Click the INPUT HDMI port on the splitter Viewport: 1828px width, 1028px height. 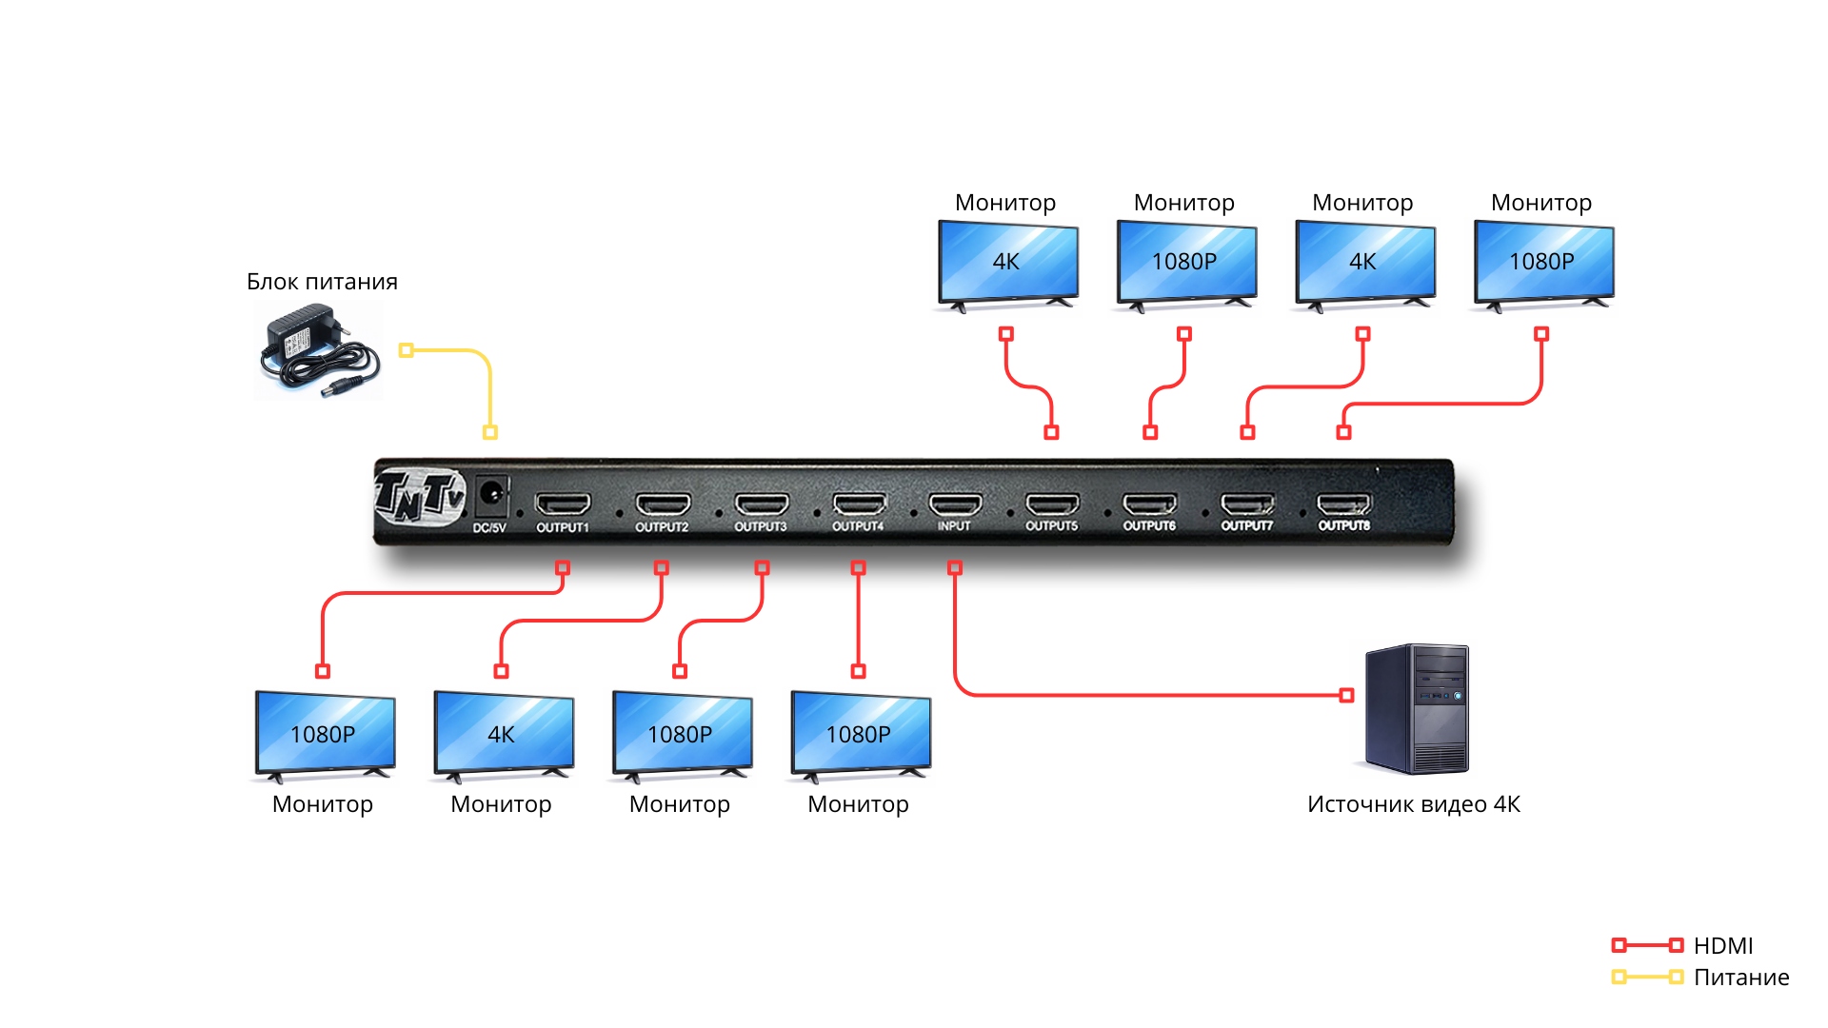(x=955, y=504)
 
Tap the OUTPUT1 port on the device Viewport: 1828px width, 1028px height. (x=563, y=504)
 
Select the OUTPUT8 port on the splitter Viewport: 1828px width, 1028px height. (x=1343, y=504)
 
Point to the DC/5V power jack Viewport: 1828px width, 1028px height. (x=491, y=494)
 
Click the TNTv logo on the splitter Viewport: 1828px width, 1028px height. (x=420, y=496)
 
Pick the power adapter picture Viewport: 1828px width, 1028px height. (x=320, y=350)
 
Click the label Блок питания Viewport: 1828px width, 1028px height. (x=322, y=282)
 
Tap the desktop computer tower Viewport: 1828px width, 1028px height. (x=1416, y=708)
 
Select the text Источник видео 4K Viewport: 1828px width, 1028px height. (x=1414, y=804)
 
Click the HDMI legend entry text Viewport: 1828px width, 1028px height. (x=1723, y=945)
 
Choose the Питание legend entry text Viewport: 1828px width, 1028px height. (x=1741, y=978)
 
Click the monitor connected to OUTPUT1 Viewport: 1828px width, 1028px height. (x=325, y=736)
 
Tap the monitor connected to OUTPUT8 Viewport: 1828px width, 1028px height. (x=1543, y=265)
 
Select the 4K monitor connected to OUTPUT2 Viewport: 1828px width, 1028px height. (x=504, y=736)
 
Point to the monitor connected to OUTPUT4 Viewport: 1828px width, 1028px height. (x=861, y=736)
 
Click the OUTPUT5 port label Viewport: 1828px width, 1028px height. (x=1051, y=525)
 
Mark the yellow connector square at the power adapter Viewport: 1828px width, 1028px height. (x=407, y=350)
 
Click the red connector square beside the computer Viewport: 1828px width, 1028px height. (x=1346, y=696)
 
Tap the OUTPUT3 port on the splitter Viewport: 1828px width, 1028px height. (x=762, y=504)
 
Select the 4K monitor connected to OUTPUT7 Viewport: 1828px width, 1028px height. (x=1365, y=265)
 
